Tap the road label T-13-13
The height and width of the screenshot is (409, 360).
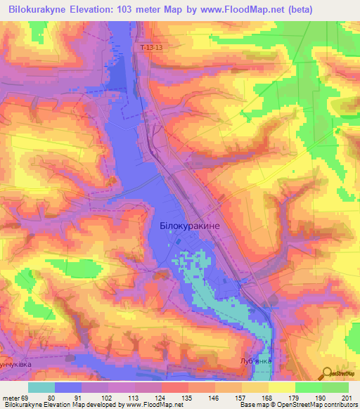151,47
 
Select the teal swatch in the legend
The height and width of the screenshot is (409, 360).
41,387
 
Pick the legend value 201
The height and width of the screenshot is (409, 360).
345,397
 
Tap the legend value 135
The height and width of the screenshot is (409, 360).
187,397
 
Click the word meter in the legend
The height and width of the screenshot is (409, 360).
11,397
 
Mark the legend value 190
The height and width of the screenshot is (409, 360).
320,397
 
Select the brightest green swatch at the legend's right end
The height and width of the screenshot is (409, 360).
335,387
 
